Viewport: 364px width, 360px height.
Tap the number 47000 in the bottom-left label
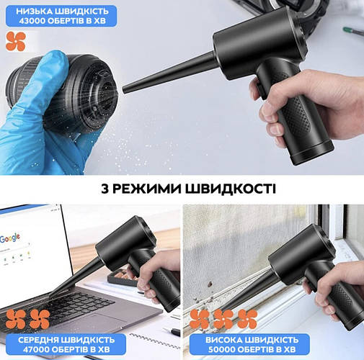(36, 349)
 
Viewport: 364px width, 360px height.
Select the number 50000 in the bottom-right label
(221, 349)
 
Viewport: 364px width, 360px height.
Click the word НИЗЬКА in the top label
(34, 12)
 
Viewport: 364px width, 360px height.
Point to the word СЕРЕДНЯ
(38, 340)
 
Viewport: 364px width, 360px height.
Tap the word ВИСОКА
(224, 340)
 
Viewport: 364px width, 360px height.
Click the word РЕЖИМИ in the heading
(147, 189)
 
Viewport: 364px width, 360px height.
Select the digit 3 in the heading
(105, 189)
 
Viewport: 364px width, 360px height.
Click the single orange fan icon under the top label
(16, 41)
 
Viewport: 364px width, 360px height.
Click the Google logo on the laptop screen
(10, 238)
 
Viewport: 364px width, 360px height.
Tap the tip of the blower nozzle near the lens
(124, 91)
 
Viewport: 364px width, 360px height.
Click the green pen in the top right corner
(353, 31)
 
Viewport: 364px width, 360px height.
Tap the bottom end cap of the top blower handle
(312, 153)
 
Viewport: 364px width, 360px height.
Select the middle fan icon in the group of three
(223, 319)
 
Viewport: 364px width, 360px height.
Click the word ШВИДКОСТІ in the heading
(231, 189)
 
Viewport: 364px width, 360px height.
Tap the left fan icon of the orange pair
(16, 319)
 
